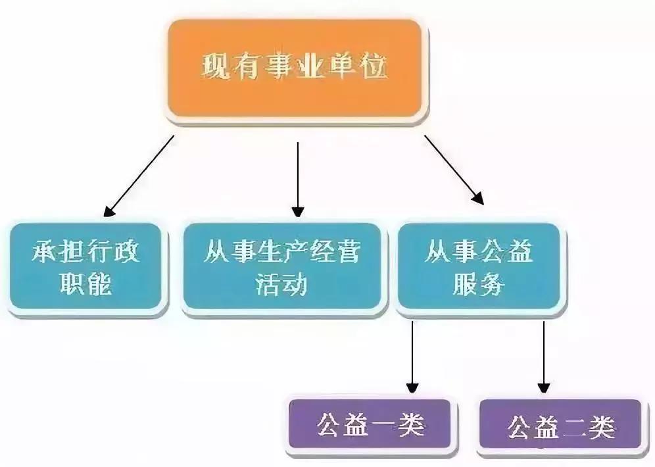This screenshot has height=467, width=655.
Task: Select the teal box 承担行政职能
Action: (86, 266)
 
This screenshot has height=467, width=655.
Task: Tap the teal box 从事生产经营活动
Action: (282, 266)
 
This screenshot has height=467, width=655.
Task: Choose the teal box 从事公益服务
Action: (478, 266)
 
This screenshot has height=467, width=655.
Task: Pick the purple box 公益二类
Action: (560, 426)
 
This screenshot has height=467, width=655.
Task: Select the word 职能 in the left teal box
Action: (86, 284)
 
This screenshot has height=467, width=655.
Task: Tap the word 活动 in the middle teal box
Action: (281, 284)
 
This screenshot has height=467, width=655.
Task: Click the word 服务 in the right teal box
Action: (479, 284)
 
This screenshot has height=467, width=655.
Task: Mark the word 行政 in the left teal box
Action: (113, 251)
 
